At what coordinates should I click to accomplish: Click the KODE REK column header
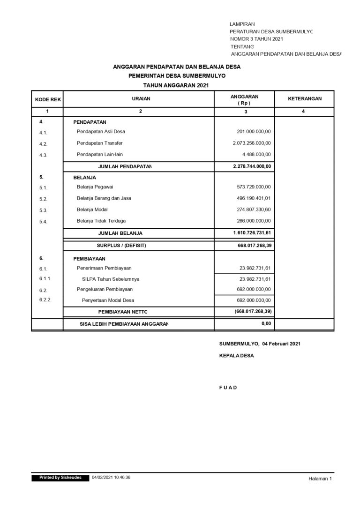click(48, 100)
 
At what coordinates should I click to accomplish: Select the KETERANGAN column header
click(304, 99)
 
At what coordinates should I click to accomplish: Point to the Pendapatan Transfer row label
click(99, 143)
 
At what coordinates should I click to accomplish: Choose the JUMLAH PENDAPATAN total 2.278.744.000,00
click(252, 166)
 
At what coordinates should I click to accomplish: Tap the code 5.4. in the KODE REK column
click(44, 222)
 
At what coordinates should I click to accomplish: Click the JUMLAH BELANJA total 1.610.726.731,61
click(252, 232)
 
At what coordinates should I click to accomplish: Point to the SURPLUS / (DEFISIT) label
click(121, 245)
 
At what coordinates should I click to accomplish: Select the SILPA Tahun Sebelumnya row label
click(111, 279)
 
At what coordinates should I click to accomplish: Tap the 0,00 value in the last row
click(266, 323)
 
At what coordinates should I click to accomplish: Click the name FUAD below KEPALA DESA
click(228, 388)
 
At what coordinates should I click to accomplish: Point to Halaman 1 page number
click(320, 479)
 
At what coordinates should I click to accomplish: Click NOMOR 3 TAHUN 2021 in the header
click(256, 39)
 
